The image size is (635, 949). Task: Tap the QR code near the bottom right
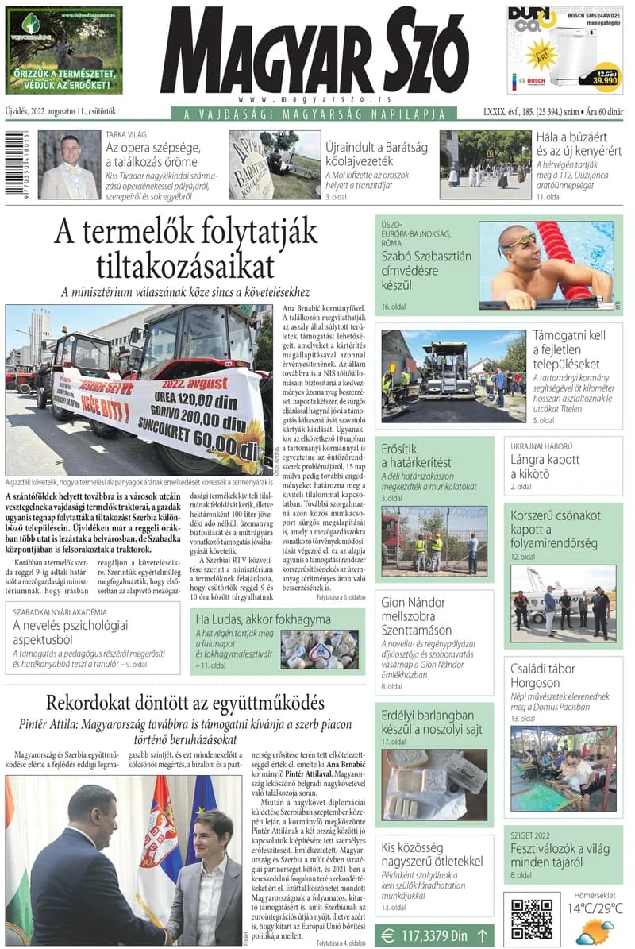[x=531, y=919]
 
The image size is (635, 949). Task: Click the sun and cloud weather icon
[x=595, y=931]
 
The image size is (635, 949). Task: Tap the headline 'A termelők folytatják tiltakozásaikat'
[x=186, y=248]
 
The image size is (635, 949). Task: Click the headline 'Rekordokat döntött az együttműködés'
[x=185, y=703]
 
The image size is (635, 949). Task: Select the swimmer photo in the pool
[x=546, y=264]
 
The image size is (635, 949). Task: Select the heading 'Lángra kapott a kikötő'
[x=545, y=467]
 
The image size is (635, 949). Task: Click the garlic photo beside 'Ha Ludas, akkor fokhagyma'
[x=319, y=649]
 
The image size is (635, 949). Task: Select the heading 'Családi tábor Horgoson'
[x=546, y=676]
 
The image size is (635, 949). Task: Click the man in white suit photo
[x=69, y=165]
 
